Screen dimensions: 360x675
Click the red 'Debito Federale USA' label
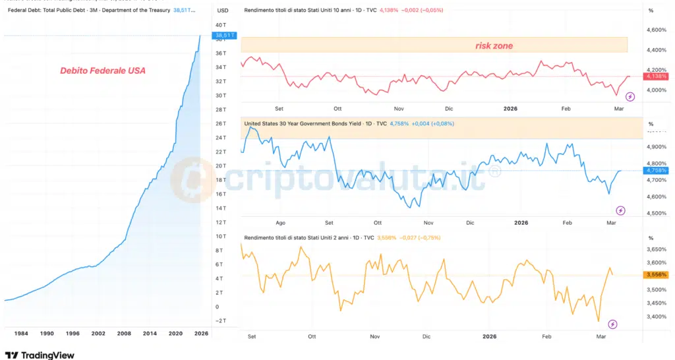coord(102,71)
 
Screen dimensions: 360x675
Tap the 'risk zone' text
coord(494,45)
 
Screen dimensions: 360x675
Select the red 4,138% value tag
coord(656,76)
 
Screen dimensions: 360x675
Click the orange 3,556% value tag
coord(656,274)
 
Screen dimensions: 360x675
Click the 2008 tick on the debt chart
coord(125,334)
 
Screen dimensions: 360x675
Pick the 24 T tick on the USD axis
coord(221,137)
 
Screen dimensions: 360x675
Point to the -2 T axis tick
coord(221,320)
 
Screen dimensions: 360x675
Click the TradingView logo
coord(40,355)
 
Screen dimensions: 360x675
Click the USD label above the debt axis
coord(223,11)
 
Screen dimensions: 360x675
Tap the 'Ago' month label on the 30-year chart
coord(281,223)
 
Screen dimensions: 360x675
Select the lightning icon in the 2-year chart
coord(613,324)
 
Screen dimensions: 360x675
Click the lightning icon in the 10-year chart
coord(630,97)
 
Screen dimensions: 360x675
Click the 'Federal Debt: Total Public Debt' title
coord(66,11)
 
